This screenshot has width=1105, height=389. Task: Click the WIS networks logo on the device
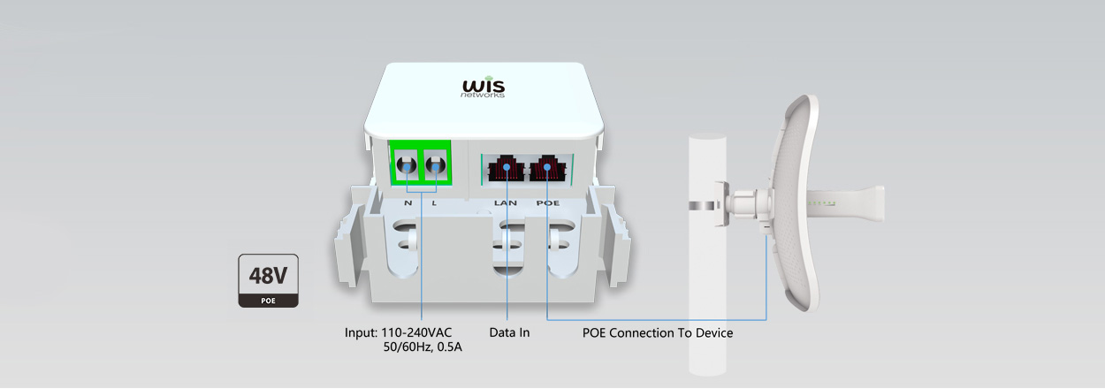(484, 88)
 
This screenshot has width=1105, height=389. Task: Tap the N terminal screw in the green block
(408, 164)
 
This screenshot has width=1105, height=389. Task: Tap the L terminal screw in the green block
(434, 164)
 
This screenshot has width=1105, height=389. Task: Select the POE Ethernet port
(548, 167)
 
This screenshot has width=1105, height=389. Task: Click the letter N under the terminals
(408, 203)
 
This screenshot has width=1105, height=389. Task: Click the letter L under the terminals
(434, 203)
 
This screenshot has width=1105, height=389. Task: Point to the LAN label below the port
(506, 203)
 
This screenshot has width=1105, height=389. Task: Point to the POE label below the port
(549, 203)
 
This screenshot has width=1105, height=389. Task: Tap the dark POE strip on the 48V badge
(268, 301)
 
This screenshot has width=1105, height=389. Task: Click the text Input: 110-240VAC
(398, 333)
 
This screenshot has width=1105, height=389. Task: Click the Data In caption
(509, 333)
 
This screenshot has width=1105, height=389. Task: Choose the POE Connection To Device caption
(658, 333)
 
